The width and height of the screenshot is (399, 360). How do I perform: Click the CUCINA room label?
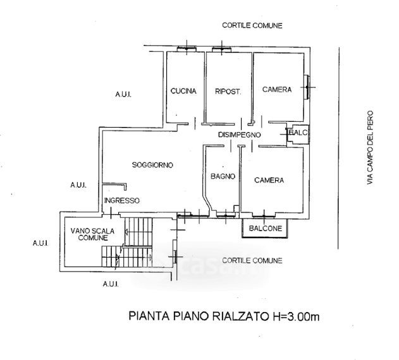tap(183, 91)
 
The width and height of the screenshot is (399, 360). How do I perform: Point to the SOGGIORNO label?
tap(152, 165)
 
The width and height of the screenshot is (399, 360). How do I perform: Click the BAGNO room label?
tap(223, 177)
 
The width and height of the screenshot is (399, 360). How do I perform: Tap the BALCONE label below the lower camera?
tap(265, 228)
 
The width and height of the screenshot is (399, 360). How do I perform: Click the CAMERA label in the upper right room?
tap(277, 90)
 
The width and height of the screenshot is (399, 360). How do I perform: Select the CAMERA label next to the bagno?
tap(269, 181)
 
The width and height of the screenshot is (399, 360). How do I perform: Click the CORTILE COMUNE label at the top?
tap(252, 25)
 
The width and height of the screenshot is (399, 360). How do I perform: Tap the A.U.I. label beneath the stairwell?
tap(111, 284)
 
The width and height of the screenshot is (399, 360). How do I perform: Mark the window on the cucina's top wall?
tap(185, 49)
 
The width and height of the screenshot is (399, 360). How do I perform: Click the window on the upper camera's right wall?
tap(307, 86)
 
